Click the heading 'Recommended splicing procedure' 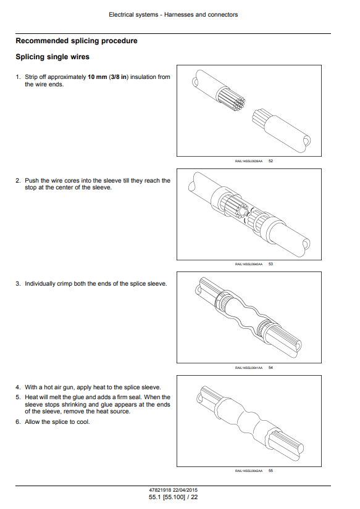(77, 41)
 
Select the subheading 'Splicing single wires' (52, 57)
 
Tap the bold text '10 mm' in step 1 (97, 77)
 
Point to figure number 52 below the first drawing (270, 161)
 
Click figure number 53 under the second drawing (270, 264)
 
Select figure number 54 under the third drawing (270, 368)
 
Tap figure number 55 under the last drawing (270, 471)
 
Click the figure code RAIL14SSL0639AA (249, 161)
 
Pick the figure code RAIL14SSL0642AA (249, 471)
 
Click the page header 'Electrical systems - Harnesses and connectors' (173, 15)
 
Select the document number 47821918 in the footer (159, 490)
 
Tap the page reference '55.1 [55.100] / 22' (173, 497)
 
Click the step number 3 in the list (17, 284)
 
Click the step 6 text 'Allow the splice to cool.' (57, 422)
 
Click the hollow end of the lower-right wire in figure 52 (306, 141)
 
